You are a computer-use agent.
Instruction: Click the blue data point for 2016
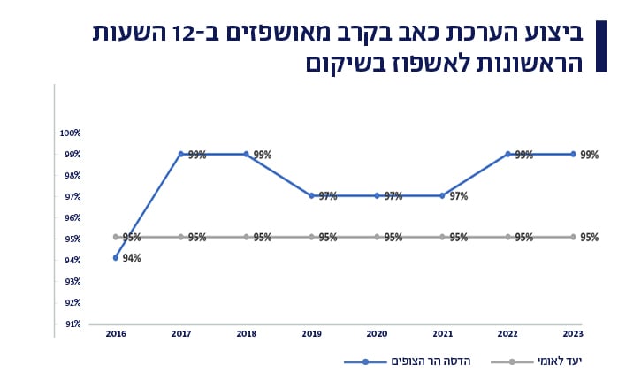tap(116, 258)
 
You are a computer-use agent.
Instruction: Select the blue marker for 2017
tap(181, 154)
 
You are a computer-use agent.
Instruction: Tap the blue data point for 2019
tap(312, 196)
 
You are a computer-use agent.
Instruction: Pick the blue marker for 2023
tap(573, 154)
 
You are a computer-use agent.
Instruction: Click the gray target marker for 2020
tap(378, 237)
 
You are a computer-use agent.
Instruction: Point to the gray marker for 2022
tap(508, 237)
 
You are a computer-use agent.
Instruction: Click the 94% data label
tap(132, 259)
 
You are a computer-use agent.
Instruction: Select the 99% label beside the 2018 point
tap(263, 155)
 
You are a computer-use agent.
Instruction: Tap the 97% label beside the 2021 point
tap(458, 196)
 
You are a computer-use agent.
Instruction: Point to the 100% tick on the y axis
tap(71, 133)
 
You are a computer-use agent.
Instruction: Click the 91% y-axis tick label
tap(72, 323)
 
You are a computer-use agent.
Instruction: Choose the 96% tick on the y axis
tap(72, 217)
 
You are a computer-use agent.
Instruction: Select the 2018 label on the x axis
tap(247, 334)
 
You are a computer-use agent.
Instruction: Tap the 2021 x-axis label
tap(442, 334)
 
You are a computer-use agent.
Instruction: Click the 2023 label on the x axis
tap(573, 334)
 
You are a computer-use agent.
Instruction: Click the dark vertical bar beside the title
tap(601, 46)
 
